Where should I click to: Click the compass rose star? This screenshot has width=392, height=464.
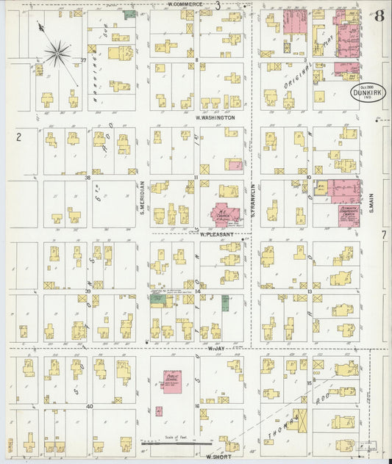(57, 53)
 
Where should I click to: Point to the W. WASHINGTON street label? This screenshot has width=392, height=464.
(215, 117)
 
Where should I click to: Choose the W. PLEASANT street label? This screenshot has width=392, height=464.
(217, 234)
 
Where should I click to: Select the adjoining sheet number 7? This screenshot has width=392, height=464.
(383, 234)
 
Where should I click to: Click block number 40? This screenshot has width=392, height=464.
(89, 405)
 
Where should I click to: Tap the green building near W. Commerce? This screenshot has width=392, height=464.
(129, 14)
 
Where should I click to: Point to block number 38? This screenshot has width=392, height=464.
(87, 177)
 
